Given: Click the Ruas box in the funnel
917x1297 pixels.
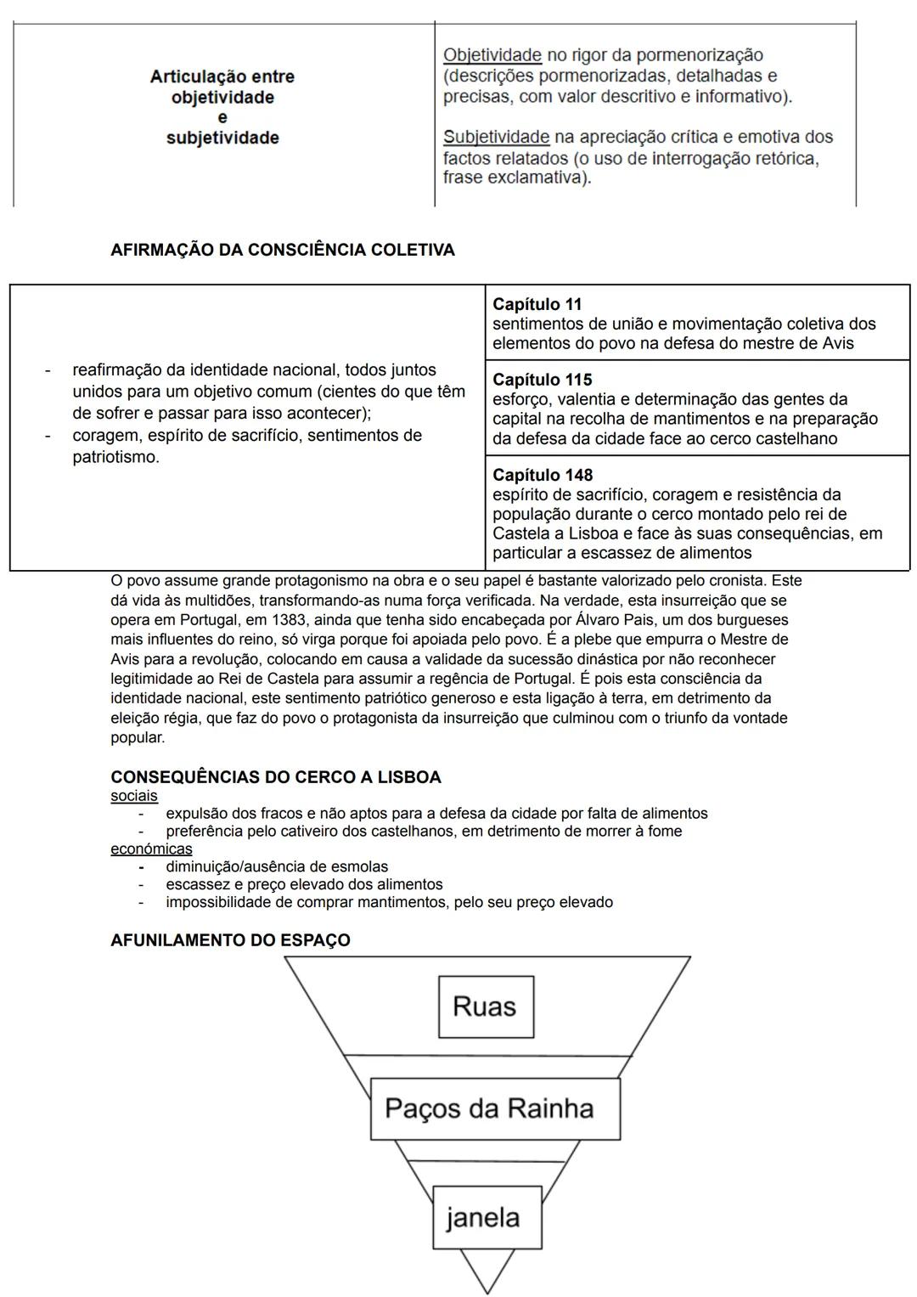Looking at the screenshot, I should tap(485, 1007).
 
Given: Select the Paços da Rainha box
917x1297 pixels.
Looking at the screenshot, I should tap(489, 1108).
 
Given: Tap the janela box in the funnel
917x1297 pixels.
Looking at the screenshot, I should tap(483, 1217).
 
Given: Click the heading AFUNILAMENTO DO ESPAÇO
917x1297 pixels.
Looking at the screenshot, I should tap(230, 940).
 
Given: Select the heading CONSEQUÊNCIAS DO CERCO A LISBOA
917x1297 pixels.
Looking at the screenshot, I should tap(275, 777).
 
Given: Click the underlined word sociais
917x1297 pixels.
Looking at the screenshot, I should tap(133, 796).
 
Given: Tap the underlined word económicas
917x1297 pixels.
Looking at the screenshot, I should tap(151, 849).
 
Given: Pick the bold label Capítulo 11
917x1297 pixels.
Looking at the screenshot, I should tap(537, 304).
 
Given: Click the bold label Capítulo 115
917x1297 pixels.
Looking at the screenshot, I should tap(542, 380).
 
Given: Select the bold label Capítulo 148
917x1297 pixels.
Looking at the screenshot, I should tap(543, 475).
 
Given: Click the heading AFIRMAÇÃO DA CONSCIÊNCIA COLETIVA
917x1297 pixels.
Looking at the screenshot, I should tap(282, 250).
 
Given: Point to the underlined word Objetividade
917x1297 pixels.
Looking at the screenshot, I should tap(492, 55).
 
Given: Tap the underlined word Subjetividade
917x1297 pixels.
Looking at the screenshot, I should tap(496, 137).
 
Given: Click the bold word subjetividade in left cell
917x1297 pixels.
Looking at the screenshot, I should tap(222, 138).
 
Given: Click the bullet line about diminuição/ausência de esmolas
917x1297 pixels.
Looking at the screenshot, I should tap(276, 866).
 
